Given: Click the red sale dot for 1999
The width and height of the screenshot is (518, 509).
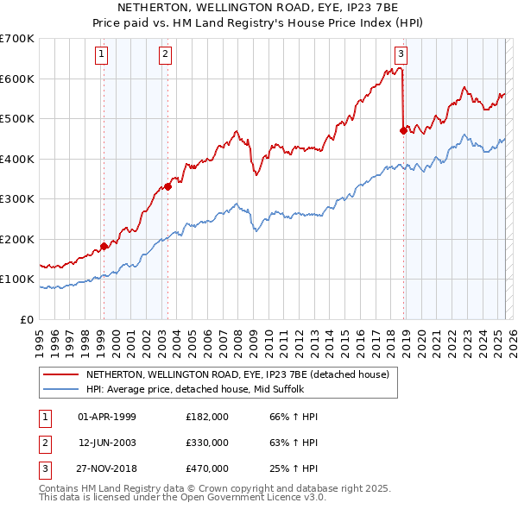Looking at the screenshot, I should tap(104, 246).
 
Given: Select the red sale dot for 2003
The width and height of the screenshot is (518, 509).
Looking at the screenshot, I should tap(168, 186).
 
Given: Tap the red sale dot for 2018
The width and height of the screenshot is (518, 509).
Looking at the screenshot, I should tap(403, 131).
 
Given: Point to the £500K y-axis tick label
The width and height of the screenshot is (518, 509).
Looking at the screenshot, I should tap(18, 118).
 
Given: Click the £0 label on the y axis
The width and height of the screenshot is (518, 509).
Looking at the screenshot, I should tap(27, 319).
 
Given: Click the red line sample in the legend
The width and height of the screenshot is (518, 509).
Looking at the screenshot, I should tap(60, 374).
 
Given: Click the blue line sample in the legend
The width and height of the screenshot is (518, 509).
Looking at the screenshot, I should tap(60, 389).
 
